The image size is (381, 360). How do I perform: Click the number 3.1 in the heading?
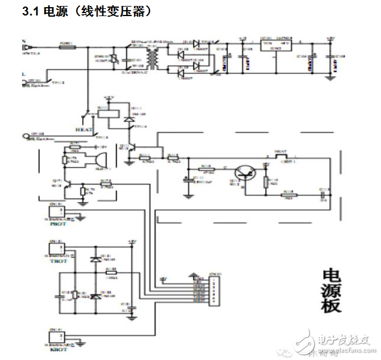point(30,11)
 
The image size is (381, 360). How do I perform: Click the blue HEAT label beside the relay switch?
point(83,128)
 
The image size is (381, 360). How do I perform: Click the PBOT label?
point(58,224)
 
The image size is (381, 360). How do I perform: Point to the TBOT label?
point(58,261)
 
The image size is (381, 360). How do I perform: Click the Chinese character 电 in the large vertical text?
point(331,275)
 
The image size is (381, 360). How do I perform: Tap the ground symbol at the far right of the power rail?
point(329,76)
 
